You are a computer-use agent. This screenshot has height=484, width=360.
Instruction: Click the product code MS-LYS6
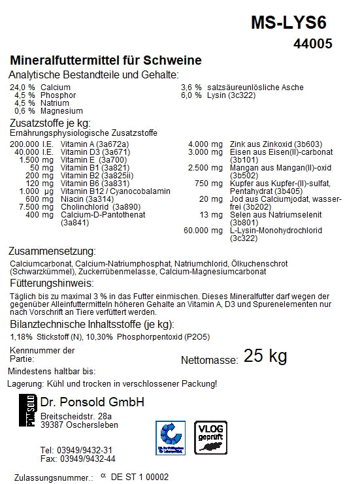click(x=288, y=23)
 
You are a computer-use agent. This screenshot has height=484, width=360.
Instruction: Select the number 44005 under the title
click(x=313, y=44)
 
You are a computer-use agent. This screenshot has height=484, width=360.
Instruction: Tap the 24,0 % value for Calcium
click(x=22, y=87)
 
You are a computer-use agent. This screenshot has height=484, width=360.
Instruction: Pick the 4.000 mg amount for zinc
click(x=205, y=144)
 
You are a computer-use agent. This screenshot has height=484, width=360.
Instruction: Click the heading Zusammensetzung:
click(x=52, y=251)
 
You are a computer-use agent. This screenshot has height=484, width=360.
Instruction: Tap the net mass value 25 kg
click(x=265, y=356)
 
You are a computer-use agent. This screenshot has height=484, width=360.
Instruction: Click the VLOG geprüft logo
click(x=210, y=436)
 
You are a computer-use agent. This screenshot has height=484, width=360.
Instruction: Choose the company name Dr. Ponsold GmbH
click(x=92, y=401)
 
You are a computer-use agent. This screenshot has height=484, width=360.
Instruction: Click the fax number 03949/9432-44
click(x=86, y=459)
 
